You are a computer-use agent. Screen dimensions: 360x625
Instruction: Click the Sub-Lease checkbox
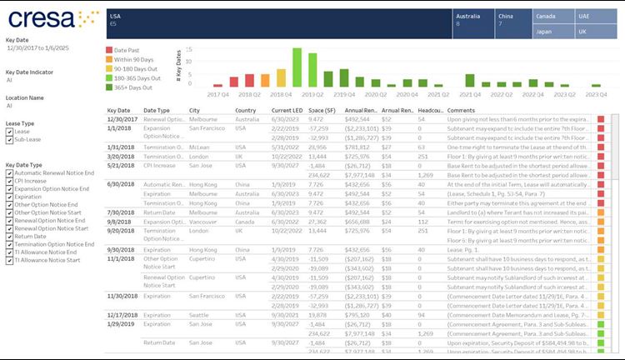9,140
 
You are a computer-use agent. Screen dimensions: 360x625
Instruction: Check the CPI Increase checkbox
9,180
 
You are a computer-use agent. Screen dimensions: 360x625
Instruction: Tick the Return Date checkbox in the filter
9,236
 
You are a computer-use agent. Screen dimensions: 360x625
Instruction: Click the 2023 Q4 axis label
597,95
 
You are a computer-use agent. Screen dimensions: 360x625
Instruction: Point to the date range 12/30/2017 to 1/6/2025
43,48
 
